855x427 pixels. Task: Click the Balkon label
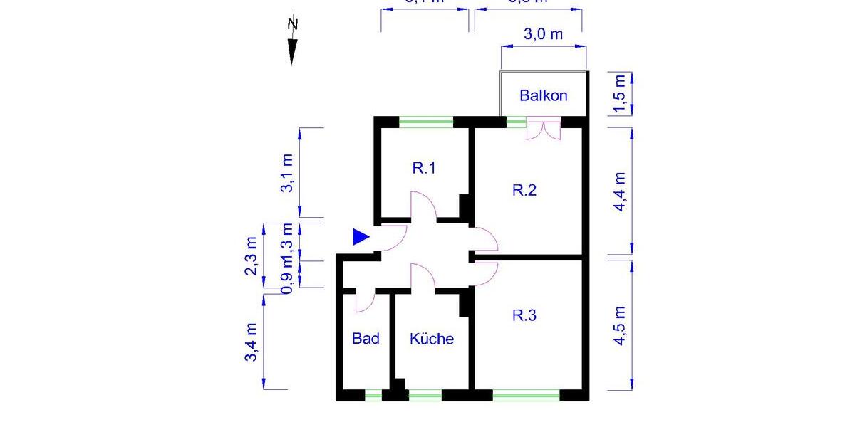[544, 95]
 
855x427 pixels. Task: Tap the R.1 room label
[424, 169]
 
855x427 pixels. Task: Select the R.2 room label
[524, 190]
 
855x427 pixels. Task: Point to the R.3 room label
[524, 315]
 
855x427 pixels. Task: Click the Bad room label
[366, 339]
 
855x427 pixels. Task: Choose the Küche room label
[432, 339]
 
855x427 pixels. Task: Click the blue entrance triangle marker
[361, 238]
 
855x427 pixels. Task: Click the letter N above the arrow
[292, 23]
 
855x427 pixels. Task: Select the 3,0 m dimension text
[544, 34]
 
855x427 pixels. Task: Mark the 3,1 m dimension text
[287, 173]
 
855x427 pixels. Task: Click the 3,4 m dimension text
[251, 342]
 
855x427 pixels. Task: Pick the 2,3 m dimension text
[251, 256]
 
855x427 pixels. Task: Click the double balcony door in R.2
[544, 130]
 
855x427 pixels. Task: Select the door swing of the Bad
[364, 302]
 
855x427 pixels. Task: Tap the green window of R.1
[426, 122]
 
